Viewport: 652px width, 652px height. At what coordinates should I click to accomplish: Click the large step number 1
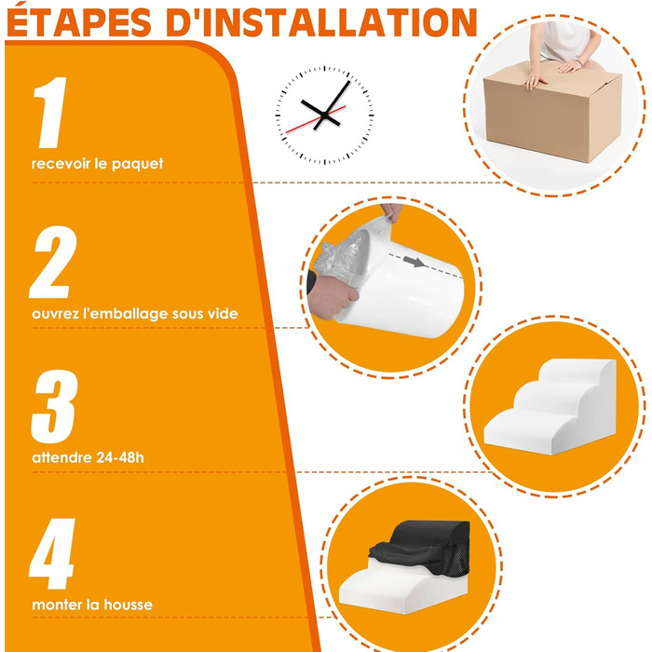(x=50, y=113)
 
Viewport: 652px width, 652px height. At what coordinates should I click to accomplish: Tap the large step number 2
(x=53, y=262)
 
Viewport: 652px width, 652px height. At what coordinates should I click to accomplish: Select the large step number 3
(x=54, y=406)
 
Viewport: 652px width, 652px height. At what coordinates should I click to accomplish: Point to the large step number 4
(x=52, y=554)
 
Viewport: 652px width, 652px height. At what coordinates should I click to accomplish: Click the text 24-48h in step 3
(x=120, y=457)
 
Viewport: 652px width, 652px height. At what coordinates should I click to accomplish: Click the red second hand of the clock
(x=316, y=119)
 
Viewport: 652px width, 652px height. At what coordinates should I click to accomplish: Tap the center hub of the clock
(x=323, y=115)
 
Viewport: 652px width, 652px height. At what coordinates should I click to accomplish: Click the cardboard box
(x=552, y=113)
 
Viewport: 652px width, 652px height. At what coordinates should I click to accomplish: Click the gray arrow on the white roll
(x=414, y=262)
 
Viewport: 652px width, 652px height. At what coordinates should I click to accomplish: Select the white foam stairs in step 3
(x=550, y=406)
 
